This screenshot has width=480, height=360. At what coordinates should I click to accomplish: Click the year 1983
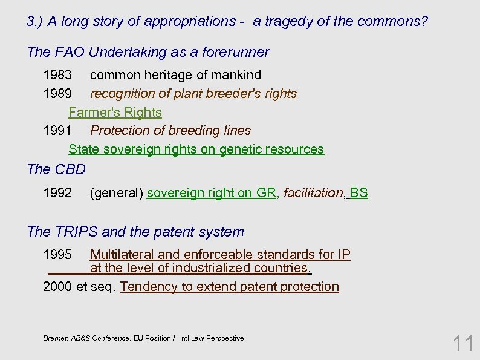57,75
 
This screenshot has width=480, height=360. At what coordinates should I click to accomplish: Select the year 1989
57,94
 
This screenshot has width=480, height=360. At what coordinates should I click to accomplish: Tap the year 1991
57,131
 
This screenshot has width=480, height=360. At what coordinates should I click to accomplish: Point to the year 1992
57,193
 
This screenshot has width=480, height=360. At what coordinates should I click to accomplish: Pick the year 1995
57,255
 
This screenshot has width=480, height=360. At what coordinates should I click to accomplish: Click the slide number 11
464,344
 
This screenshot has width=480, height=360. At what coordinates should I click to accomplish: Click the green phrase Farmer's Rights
115,113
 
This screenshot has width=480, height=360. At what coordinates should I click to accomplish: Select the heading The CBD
56,169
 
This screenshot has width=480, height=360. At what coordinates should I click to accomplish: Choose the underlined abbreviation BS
358,193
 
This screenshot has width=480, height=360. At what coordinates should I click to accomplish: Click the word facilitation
313,193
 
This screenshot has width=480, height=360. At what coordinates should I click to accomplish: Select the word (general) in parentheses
116,193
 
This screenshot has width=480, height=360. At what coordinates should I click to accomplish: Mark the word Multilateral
123,255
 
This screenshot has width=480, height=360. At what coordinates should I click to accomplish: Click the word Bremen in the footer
56,338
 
